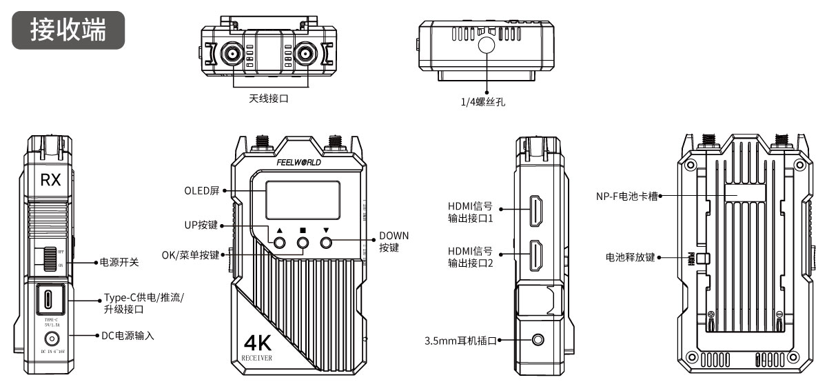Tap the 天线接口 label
coord(268,99)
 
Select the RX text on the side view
coord(50,181)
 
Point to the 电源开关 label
coord(120,263)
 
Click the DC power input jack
coord(50,339)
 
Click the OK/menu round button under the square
coord(303,243)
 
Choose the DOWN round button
coord(327,243)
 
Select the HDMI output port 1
coord(537,212)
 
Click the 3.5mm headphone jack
coord(538,340)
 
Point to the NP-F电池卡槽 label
coord(626,196)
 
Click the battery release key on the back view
coord(700,259)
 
